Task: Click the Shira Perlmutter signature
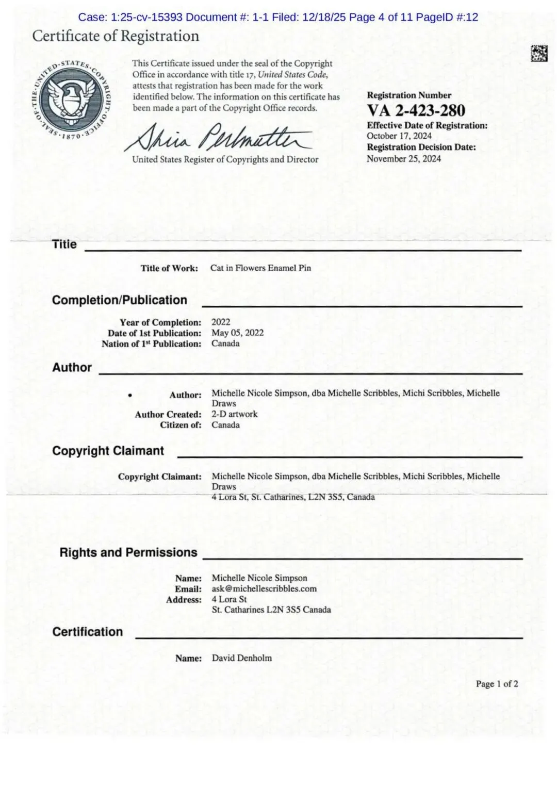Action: [x=219, y=137]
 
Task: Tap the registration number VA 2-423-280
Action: [x=416, y=110]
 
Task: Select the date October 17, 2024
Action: [x=399, y=136]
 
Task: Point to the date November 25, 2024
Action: [x=404, y=159]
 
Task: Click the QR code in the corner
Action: [x=539, y=54]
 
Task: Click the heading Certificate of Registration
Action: [x=116, y=36]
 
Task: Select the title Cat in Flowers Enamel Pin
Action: [x=260, y=268]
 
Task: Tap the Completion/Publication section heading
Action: [x=120, y=300]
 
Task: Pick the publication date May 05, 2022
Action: [x=237, y=333]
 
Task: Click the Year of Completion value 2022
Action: [x=221, y=322]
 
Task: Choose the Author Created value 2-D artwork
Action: [x=234, y=414]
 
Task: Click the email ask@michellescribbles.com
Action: [x=264, y=588]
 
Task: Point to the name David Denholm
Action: [x=241, y=658]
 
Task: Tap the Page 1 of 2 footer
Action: [x=497, y=684]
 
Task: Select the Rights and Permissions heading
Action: [x=128, y=552]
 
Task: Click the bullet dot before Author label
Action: [x=130, y=395]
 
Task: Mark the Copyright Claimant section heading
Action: [x=108, y=451]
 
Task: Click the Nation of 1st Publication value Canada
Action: [x=225, y=343]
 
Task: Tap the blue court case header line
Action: [x=278, y=17]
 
